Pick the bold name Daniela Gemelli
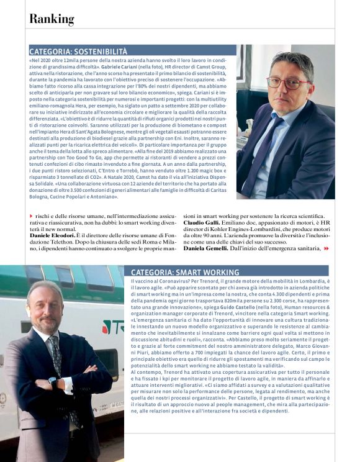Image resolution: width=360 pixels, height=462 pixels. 209,248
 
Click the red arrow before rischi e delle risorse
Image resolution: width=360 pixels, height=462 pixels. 31,215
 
